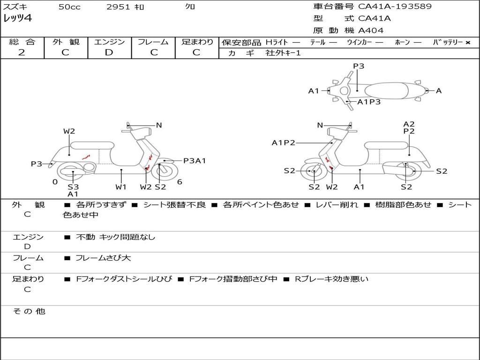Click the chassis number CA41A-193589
[x=395, y=7]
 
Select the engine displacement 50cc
[x=69, y=7]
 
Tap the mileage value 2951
[x=118, y=7]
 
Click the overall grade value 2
[x=22, y=52]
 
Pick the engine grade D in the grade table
[x=109, y=52]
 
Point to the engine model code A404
[x=371, y=30]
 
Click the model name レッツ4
[x=17, y=19]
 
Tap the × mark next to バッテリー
[x=467, y=42]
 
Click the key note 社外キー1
[x=283, y=53]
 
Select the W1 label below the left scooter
[x=121, y=187]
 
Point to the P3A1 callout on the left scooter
[x=195, y=161]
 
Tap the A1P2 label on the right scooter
[x=284, y=142]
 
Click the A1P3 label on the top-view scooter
[x=369, y=102]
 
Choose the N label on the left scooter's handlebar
[x=159, y=125]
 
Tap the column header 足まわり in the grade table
[x=197, y=42]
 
